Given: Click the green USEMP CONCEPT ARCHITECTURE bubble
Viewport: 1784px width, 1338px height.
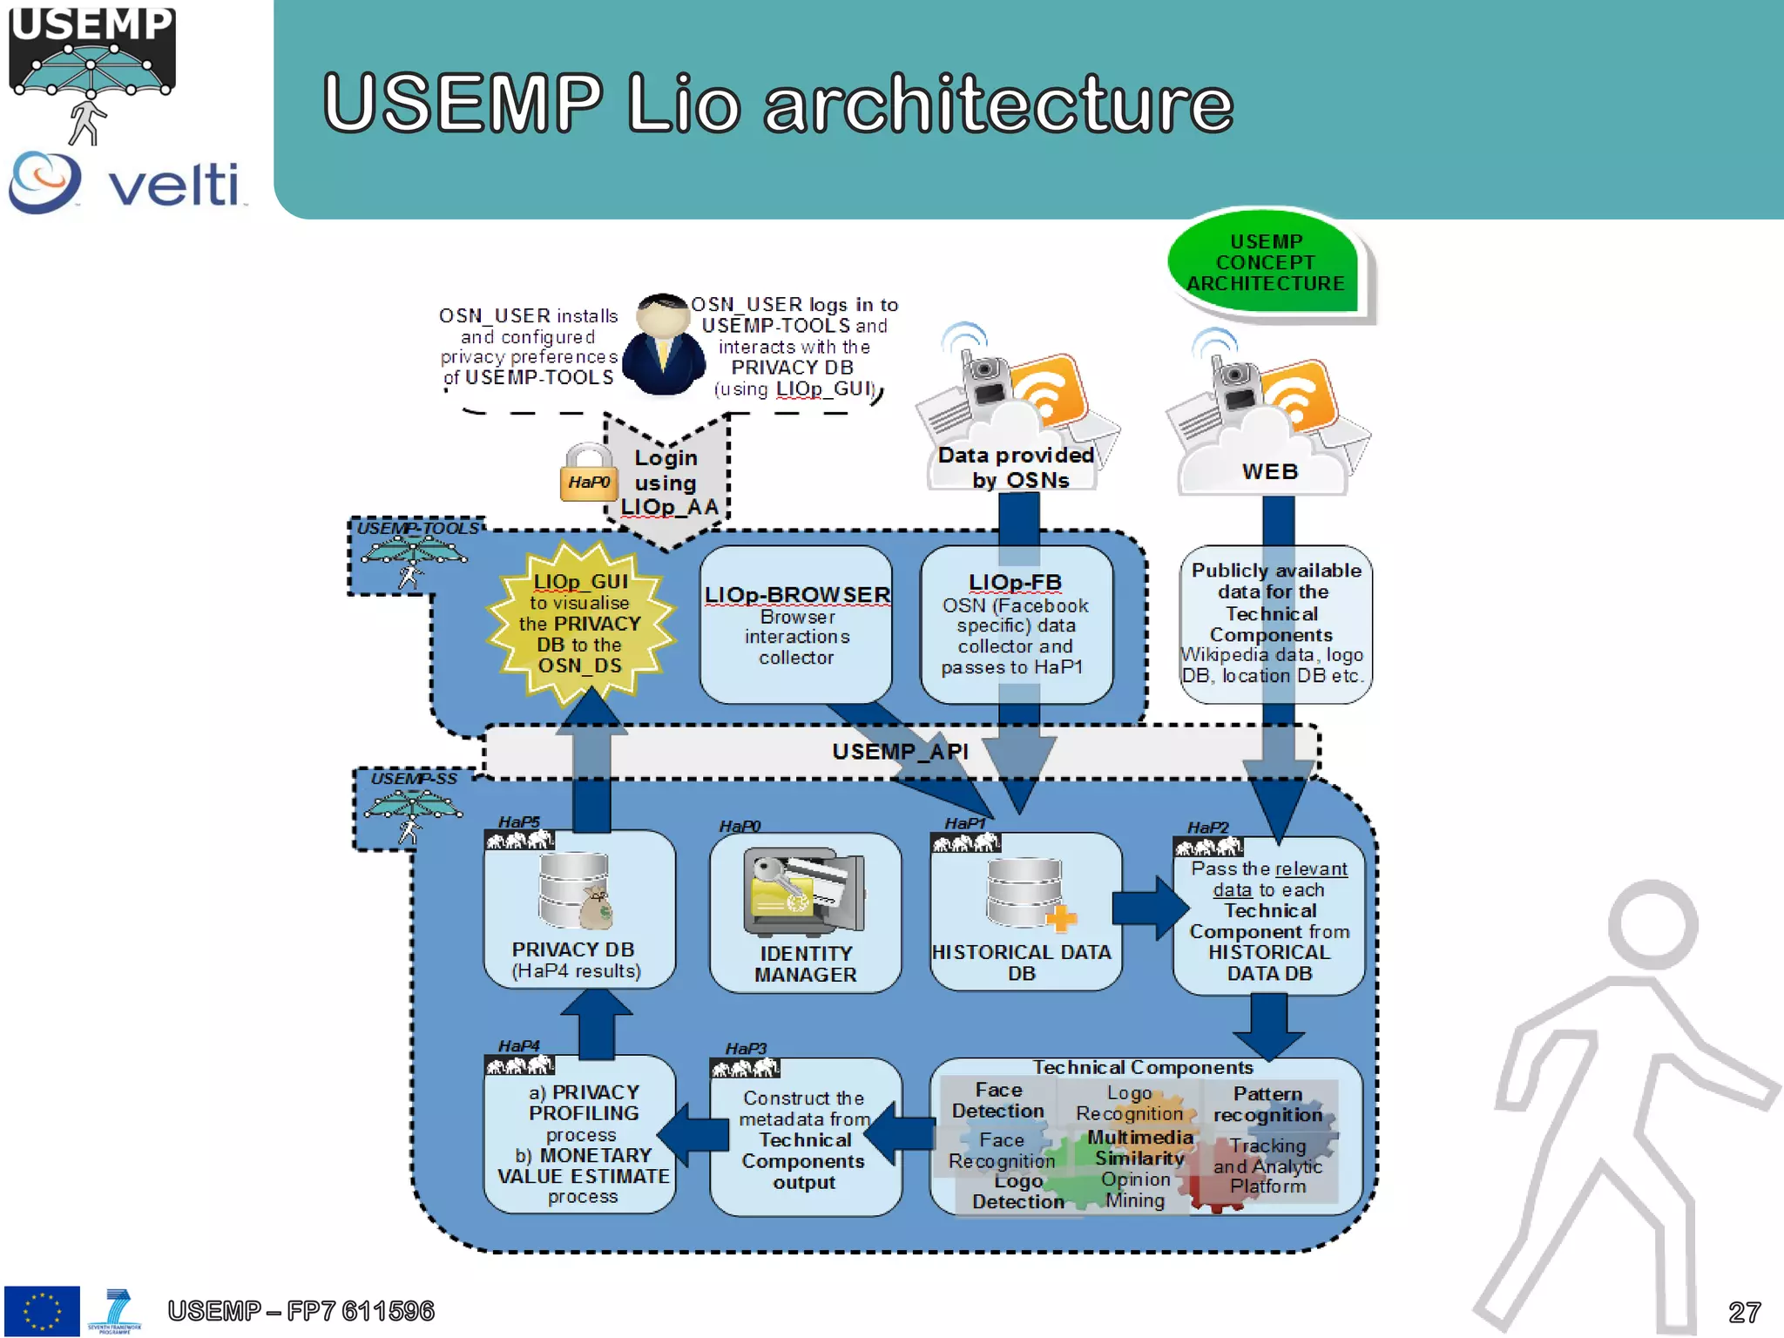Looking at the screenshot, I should point(1265,262).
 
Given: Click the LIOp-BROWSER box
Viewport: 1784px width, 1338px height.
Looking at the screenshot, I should point(796,625).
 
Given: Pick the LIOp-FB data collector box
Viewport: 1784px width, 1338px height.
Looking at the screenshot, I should point(1016,625).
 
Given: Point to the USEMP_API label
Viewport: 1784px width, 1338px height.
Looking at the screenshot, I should point(900,752).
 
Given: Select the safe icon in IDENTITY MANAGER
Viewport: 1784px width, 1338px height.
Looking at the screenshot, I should point(803,891).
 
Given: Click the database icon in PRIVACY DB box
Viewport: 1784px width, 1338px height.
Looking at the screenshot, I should point(574,891).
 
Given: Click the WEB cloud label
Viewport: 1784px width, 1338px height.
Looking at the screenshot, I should point(1269,471).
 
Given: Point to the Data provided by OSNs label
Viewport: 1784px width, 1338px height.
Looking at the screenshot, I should point(1016,468).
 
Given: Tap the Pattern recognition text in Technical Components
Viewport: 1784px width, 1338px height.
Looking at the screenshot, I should point(1267,1105).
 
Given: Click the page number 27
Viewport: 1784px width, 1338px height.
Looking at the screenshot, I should point(1744,1312).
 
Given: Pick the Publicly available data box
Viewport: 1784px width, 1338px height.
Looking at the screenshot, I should point(1274,623).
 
